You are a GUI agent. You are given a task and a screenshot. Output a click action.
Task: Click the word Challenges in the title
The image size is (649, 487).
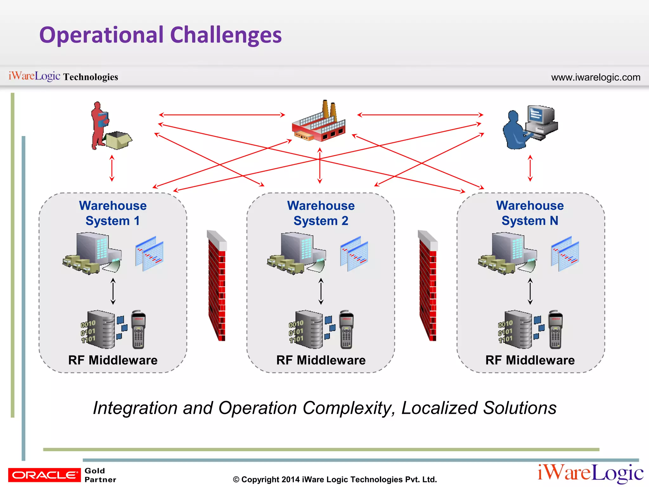[x=226, y=35]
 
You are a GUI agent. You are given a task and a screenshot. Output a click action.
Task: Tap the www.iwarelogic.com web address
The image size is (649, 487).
[x=595, y=77]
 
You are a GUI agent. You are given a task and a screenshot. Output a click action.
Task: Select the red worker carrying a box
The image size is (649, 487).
[x=101, y=125]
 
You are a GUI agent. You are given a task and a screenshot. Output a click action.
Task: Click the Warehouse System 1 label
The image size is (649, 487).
[x=113, y=213]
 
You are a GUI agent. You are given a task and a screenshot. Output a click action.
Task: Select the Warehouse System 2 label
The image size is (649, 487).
[x=321, y=213]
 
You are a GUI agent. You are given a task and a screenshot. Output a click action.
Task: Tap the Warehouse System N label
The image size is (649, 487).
[x=530, y=213]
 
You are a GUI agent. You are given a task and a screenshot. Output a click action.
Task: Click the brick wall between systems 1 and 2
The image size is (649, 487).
[x=217, y=285]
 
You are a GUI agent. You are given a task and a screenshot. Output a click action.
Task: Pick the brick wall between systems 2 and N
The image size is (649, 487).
[x=428, y=285]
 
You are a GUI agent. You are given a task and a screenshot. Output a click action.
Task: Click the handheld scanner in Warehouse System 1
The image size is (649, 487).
[x=138, y=330]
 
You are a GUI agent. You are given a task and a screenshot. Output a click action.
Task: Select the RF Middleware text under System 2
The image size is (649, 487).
[x=321, y=360]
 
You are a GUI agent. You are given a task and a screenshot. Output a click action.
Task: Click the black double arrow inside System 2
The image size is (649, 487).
[x=321, y=291]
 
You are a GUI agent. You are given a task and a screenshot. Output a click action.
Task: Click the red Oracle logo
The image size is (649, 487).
[x=44, y=475]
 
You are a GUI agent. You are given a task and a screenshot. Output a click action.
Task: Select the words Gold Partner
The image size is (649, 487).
[x=100, y=475]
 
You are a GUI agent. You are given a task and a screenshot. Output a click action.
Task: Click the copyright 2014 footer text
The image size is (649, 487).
[x=335, y=479]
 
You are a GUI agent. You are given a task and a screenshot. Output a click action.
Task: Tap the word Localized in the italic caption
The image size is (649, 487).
[x=439, y=408]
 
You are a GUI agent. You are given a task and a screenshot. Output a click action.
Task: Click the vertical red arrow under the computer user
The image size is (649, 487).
[x=530, y=168]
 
